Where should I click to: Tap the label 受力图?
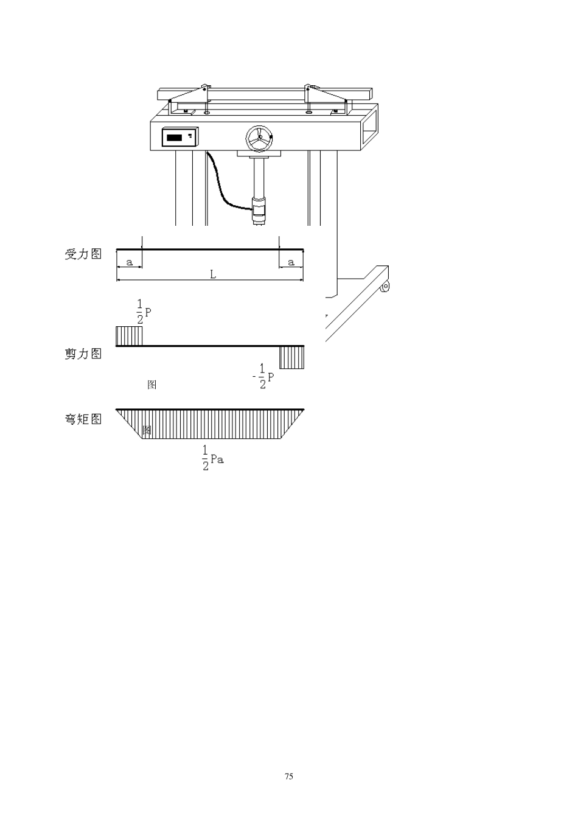click(x=83, y=254)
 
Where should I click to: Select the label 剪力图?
click(x=83, y=353)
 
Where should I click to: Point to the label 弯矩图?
click(x=83, y=419)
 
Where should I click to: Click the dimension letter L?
click(x=213, y=274)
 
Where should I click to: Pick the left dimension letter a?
click(x=129, y=262)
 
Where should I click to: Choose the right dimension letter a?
click(x=291, y=262)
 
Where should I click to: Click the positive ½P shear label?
click(x=144, y=312)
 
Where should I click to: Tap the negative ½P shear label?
click(x=263, y=376)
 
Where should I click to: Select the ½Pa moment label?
click(x=213, y=458)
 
